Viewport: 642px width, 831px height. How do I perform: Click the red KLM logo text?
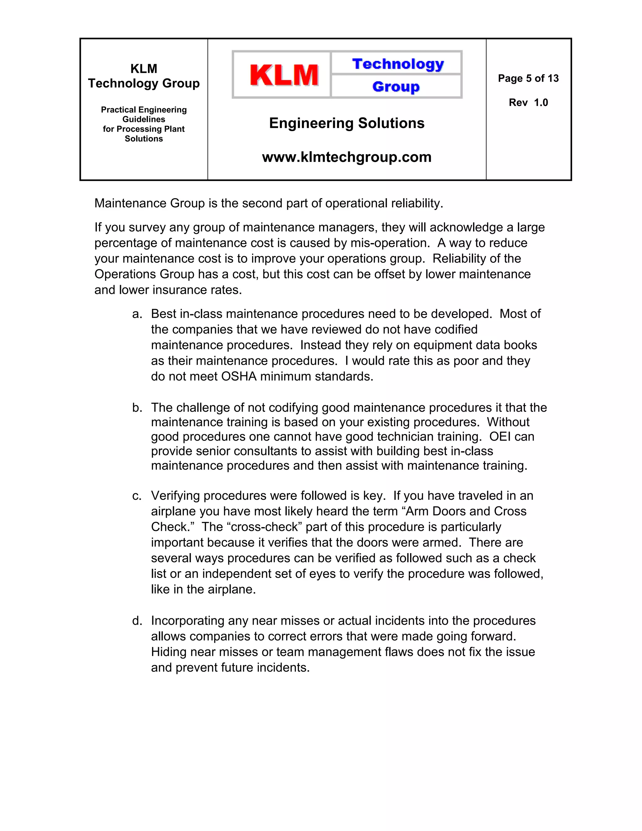pyautogui.click(x=284, y=75)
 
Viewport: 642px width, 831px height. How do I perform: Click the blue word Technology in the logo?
pyautogui.click(x=397, y=64)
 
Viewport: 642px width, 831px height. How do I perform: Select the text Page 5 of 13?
pyautogui.click(x=528, y=78)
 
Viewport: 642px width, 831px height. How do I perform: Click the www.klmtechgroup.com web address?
pyautogui.click(x=346, y=157)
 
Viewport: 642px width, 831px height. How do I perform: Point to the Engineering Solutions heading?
pyautogui.click(x=346, y=123)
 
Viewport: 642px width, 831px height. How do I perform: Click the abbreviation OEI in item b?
pyautogui.click(x=500, y=437)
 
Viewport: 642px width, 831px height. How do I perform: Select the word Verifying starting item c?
pyautogui.click(x=175, y=496)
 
